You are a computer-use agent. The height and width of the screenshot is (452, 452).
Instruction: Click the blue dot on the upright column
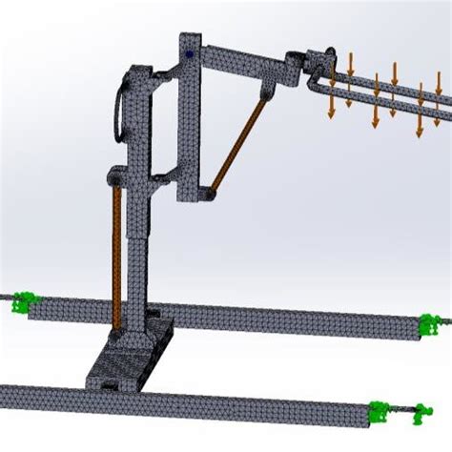[192, 54]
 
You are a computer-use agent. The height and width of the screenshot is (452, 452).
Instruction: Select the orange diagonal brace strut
[237, 143]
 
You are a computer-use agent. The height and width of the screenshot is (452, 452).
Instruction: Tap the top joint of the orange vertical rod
[116, 178]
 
